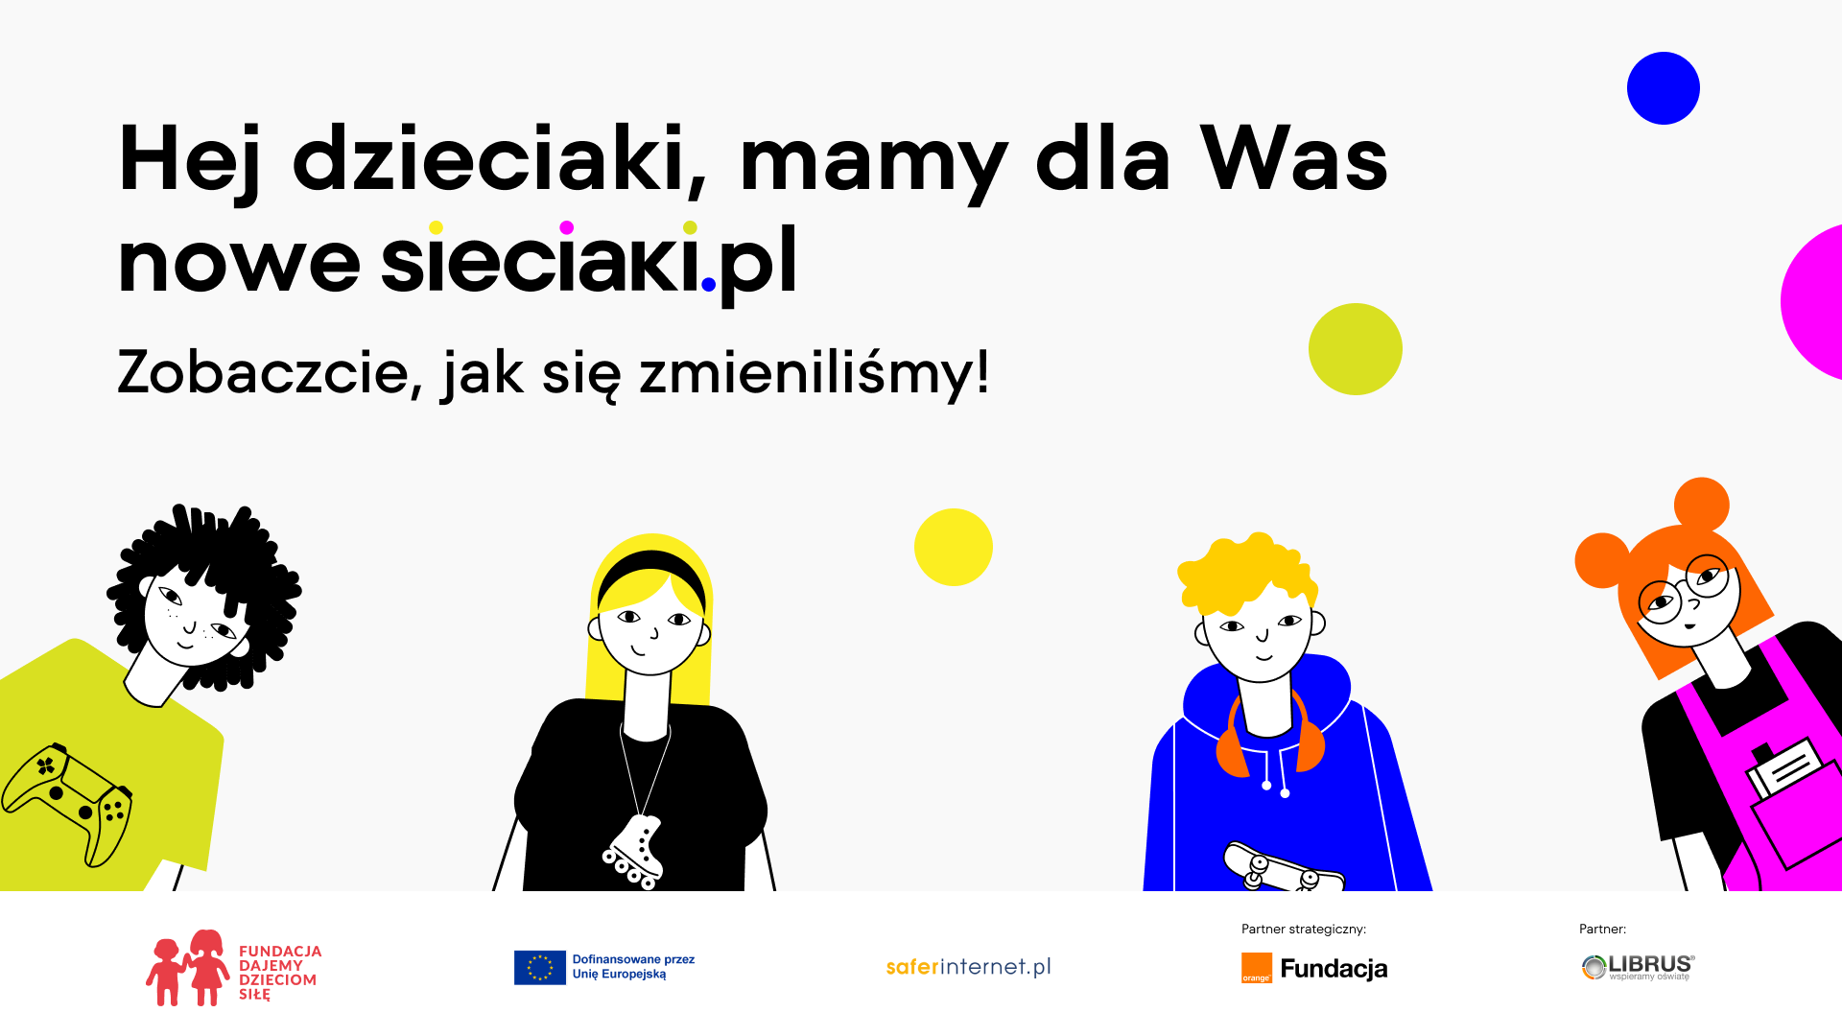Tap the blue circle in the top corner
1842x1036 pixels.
click(x=1664, y=88)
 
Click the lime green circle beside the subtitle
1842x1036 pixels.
click(x=1356, y=349)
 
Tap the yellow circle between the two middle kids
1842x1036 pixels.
click(x=954, y=547)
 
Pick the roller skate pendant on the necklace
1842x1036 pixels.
click(x=636, y=851)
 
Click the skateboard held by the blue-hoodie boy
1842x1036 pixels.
click(x=1282, y=867)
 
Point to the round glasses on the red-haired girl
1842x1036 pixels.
click(x=1684, y=587)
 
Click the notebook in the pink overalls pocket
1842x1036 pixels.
click(x=1783, y=767)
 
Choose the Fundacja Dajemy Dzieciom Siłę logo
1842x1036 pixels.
click(x=234, y=968)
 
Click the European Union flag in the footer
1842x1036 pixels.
click(x=540, y=968)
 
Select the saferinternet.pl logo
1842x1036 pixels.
click(x=969, y=967)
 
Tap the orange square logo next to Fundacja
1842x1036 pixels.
click(x=1257, y=968)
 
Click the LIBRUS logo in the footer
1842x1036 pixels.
click(x=1639, y=967)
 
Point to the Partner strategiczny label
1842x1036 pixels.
click(x=1304, y=929)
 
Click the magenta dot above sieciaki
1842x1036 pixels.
click(x=567, y=227)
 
